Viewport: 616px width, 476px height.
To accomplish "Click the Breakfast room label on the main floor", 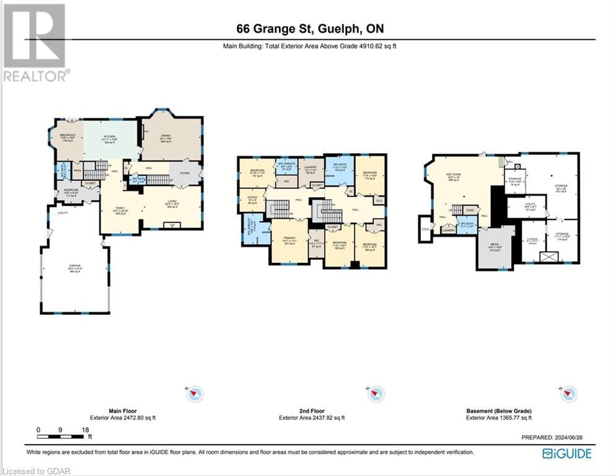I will pos(68,137).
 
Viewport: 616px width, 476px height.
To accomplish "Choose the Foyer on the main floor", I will pos(185,174).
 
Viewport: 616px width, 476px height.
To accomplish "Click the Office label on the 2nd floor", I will pos(252,201).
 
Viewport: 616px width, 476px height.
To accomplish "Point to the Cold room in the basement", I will pos(425,229).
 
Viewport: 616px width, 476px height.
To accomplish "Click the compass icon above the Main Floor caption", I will pos(195,393).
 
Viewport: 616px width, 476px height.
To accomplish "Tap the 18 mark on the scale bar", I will pos(86,430).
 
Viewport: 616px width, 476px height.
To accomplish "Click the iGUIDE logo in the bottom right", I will pos(566,454).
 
